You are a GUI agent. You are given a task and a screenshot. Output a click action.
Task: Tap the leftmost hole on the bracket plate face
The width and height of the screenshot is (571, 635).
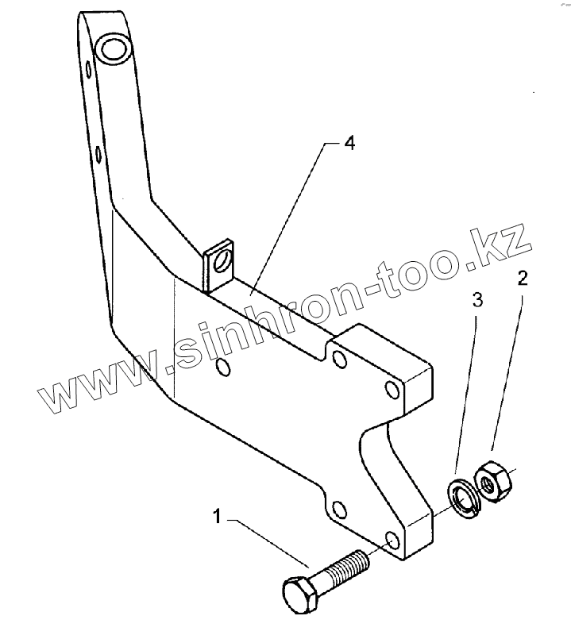(x=223, y=367)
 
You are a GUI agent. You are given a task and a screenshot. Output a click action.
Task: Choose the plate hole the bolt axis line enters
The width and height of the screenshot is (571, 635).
(x=392, y=541)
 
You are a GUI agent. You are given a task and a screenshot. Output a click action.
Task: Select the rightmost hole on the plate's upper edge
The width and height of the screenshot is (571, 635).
(x=391, y=389)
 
